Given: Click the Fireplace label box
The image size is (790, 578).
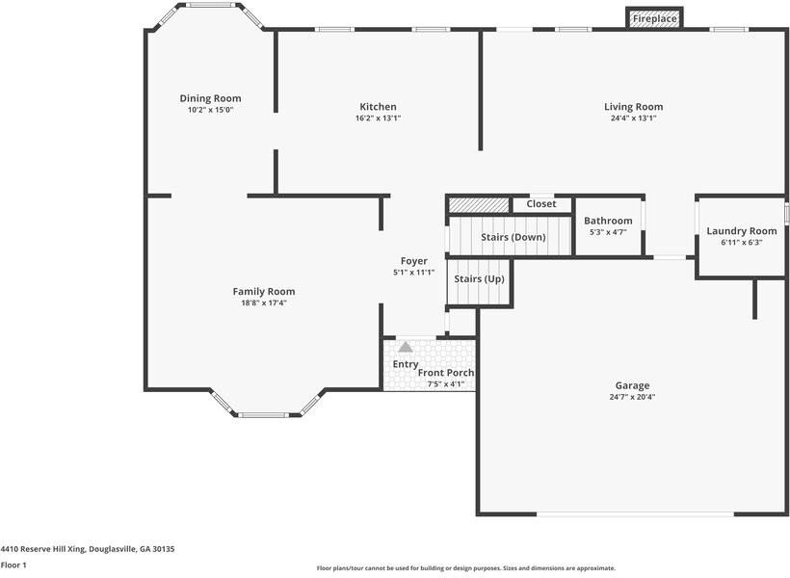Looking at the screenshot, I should [655, 18].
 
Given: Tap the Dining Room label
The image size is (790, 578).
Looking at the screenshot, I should [210, 98].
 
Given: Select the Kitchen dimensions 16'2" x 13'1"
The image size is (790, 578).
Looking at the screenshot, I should [378, 118].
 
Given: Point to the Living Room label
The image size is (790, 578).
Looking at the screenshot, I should [633, 107].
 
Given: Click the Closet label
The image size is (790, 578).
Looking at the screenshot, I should [541, 204].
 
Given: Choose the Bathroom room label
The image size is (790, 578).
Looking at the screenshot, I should [608, 221].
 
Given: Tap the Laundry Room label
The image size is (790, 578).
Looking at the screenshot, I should [741, 231].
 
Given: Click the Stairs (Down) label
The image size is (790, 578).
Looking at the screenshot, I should [513, 237].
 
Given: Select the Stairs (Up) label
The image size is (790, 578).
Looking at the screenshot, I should [479, 279].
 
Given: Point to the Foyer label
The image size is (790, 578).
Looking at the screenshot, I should [414, 261].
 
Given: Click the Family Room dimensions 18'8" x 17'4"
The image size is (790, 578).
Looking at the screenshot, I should [264, 302].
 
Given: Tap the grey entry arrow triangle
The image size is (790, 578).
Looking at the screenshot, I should [406, 347].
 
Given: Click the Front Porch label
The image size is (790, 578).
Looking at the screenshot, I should [446, 373].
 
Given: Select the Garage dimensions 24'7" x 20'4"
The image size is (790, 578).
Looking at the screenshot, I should [632, 397].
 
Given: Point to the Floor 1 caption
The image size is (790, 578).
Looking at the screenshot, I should [13, 565].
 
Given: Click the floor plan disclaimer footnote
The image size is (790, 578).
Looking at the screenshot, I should [465, 568].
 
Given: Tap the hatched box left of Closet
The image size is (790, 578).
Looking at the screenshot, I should [479, 204].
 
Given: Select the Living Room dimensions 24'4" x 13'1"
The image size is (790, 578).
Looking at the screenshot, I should [633, 118].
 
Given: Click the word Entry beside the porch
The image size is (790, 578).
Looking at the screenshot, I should [406, 364].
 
